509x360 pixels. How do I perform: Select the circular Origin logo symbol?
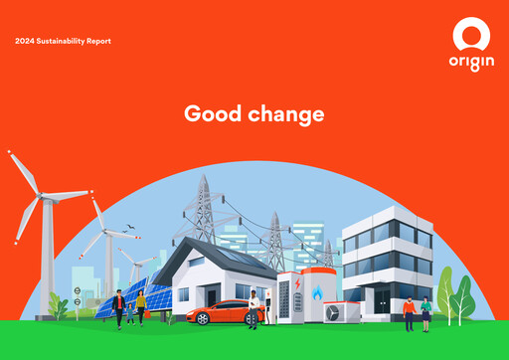(470, 36)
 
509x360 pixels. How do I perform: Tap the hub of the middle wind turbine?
(100, 228)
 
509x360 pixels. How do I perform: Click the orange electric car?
(221, 312)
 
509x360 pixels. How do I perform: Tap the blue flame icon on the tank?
(317, 293)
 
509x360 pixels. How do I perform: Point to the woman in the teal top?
(426, 312)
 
